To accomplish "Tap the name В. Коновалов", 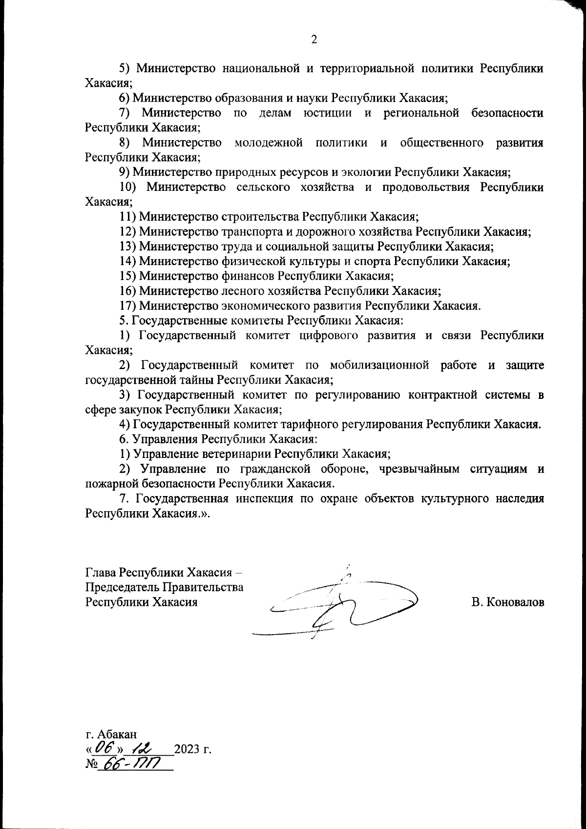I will click(x=507, y=602).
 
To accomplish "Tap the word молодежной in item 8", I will click(x=269, y=143).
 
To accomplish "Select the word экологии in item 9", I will click(x=366, y=172).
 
